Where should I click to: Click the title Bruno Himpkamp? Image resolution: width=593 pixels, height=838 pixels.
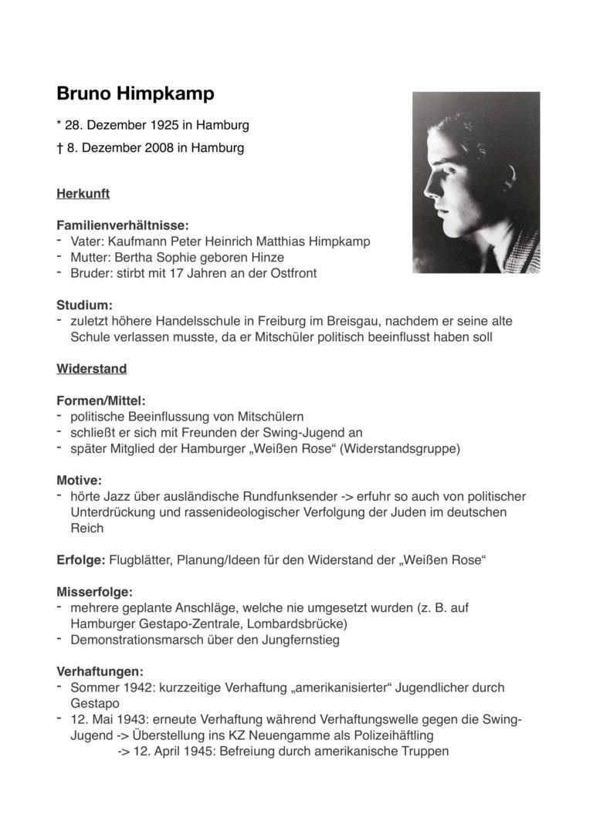point(135,94)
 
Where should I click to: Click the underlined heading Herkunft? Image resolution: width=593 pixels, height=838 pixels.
point(83,194)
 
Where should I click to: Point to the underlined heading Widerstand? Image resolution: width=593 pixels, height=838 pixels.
point(91,369)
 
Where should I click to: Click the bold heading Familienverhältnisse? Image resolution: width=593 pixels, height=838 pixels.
point(122,225)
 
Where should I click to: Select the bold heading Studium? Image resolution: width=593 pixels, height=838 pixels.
point(85,305)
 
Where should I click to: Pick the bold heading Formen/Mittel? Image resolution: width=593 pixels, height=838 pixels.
point(100,400)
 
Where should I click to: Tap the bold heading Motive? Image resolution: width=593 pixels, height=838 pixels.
point(79,480)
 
